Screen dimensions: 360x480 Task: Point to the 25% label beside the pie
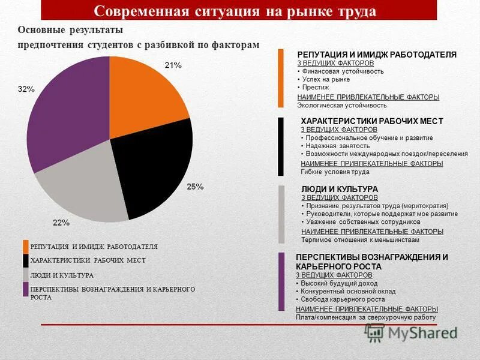pyautogui.click(x=196, y=187)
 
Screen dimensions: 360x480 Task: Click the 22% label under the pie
pyautogui.click(x=61, y=223)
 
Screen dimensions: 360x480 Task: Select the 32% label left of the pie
pyautogui.click(x=26, y=89)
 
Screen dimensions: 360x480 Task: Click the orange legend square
pyautogui.click(x=26, y=247)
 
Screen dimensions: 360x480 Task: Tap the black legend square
pyautogui.click(x=26, y=261)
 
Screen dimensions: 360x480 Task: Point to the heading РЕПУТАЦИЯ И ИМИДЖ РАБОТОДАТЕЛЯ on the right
pyautogui.click(x=377, y=55)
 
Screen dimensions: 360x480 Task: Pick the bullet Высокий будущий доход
pyautogui.click(x=336, y=283)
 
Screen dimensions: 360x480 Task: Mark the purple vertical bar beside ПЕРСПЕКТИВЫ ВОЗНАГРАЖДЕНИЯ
pyautogui.click(x=281, y=281)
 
